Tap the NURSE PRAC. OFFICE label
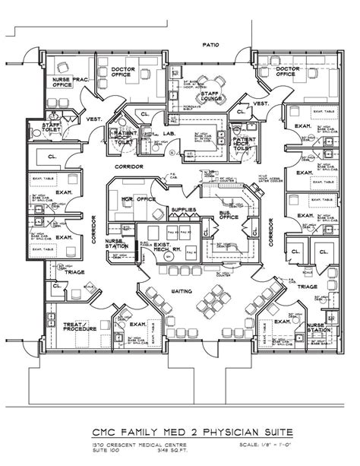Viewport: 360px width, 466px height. click(x=67, y=83)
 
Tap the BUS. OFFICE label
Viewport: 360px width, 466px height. click(x=229, y=214)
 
